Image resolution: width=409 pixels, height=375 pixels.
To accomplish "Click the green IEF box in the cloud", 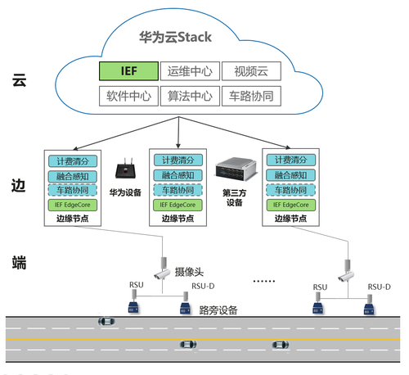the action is click(x=128, y=71).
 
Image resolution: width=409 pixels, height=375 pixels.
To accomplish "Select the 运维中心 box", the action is click(x=190, y=71).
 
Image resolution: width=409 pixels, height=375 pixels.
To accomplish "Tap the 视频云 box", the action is click(x=251, y=71).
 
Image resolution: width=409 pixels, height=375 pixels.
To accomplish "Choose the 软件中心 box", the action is click(x=128, y=96).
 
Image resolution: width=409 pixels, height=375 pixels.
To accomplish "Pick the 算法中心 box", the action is click(x=190, y=96).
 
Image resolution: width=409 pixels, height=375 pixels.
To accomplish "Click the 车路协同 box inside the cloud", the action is click(x=251, y=96).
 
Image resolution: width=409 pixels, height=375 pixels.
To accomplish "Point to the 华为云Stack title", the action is click(x=175, y=37).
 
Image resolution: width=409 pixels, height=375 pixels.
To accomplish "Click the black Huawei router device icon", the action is click(x=125, y=169).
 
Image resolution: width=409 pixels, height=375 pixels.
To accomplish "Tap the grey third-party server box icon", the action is click(x=236, y=169).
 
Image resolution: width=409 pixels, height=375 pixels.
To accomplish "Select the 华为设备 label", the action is click(x=125, y=192).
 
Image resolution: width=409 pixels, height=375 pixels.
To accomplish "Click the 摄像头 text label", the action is click(x=189, y=272).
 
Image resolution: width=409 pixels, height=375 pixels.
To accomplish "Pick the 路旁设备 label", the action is click(x=218, y=310).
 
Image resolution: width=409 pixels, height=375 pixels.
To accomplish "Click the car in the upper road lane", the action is click(x=106, y=321).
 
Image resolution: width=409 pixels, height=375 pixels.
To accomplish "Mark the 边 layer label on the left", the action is click(x=19, y=186).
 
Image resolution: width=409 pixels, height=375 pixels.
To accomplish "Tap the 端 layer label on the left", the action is click(x=19, y=263).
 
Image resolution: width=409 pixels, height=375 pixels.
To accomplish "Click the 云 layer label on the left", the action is click(x=19, y=80).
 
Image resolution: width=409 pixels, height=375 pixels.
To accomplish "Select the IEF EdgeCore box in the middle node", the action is click(x=178, y=205).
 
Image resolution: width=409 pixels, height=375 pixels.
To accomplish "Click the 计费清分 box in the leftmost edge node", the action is click(x=73, y=161).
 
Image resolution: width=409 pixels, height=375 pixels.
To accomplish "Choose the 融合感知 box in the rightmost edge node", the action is click(x=291, y=175).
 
